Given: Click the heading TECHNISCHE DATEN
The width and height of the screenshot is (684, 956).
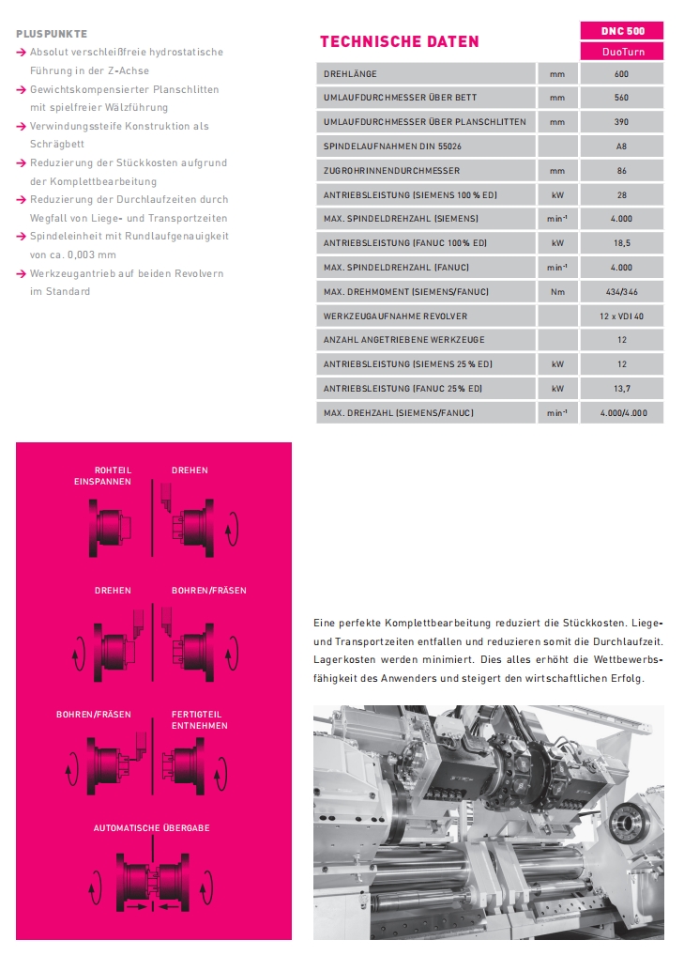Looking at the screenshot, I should (x=399, y=41).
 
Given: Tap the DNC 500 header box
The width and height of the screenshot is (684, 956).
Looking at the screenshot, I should (x=622, y=31).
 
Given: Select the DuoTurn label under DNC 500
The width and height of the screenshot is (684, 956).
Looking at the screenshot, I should (x=622, y=53).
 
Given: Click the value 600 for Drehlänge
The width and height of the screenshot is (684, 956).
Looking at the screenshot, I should (x=622, y=73).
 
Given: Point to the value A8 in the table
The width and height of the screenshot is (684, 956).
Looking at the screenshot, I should (x=622, y=146).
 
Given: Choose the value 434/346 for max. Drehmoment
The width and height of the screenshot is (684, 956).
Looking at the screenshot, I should (x=622, y=292).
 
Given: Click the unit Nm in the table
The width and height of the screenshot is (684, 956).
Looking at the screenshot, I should (x=558, y=292).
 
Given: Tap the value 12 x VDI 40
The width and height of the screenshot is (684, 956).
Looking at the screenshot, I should (x=622, y=316).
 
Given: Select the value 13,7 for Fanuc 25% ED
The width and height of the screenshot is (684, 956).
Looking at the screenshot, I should (x=622, y=389).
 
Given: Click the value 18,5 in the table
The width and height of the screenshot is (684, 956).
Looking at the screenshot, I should (x=622, y=243).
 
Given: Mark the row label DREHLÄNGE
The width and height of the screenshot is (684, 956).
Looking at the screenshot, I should (x=350, y=73).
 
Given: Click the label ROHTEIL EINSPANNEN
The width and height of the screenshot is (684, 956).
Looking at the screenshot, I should (x=105, y=475).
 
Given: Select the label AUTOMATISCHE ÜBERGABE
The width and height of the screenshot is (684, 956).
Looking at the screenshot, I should (x=151, y=827).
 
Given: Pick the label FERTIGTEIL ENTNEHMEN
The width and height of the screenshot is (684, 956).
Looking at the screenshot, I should (x=199, y=720).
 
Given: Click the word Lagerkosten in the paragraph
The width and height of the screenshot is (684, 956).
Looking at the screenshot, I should (x=341, y=659).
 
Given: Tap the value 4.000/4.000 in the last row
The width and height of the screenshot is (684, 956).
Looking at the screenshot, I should (x=622, y=413).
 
